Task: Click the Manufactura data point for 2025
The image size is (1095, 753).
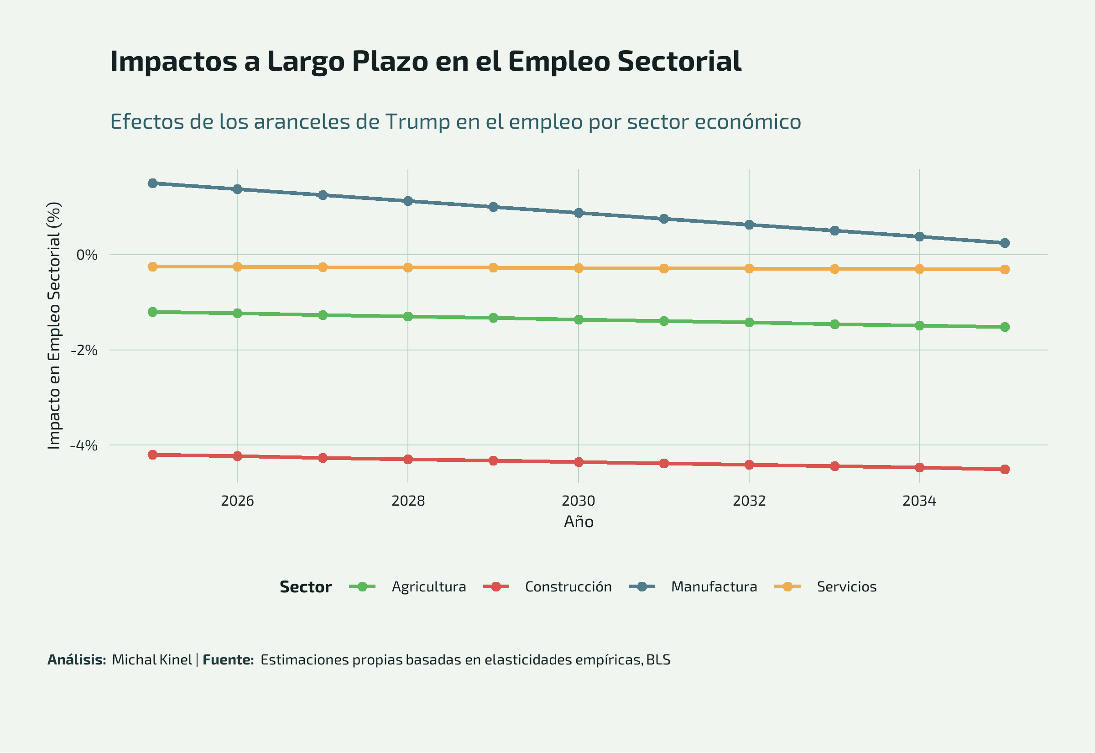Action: coord(152,183)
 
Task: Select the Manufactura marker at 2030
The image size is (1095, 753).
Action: coord(579,213)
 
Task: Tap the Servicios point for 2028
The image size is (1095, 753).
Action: coord(408,268)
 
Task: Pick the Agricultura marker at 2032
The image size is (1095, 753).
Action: coord(749,323)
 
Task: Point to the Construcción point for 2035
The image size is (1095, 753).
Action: coord(1005,470)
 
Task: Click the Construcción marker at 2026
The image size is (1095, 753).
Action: coord(237,456)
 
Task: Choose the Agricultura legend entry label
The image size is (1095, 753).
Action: coord(429,587)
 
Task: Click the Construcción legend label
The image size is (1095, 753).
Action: coord(568,587)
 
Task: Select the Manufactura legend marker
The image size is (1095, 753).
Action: coord(642,587)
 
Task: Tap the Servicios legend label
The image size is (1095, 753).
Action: coord(846,587)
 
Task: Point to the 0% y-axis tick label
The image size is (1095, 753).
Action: coord(87,255)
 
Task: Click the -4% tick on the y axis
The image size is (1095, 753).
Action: coord(83,445)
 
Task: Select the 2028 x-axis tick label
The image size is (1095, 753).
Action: coord(408,501)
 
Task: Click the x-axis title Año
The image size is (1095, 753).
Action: coord(579,522)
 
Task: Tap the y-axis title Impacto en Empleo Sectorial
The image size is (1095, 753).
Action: coord(54,325)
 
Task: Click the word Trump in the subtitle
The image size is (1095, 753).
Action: coord(417,122)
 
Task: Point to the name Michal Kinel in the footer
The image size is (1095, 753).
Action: coord(152,659)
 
